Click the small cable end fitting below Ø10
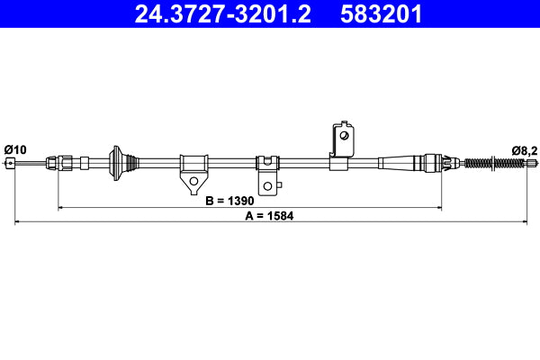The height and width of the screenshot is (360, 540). pos(11,163)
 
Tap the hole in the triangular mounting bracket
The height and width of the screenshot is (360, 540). pos(193,183)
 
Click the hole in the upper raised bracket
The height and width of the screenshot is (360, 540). pos(342,136)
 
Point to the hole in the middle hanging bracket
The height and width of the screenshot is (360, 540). pos(268,186)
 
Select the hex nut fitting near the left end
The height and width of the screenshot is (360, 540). pos(65,163)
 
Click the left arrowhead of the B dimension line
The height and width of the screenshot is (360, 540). pos(61,209)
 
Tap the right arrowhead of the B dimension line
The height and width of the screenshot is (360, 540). pos(439,209)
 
